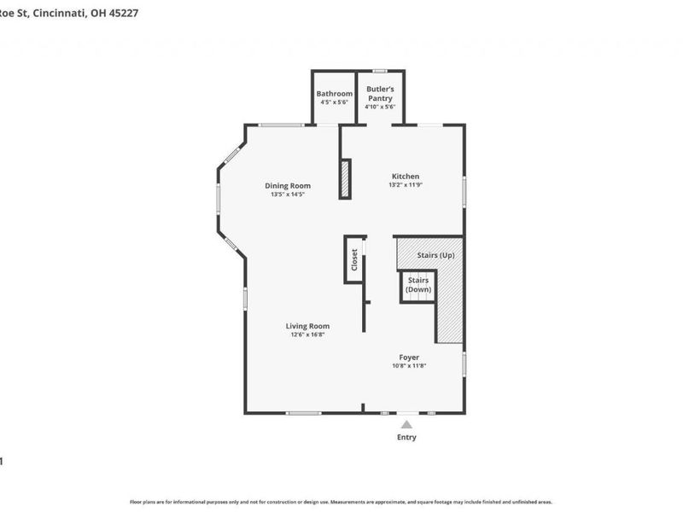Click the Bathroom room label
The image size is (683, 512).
pos(335,93)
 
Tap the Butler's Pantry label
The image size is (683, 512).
pos(380,93)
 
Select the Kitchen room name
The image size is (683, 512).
pos(405,177)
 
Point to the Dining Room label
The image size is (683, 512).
pos(288,185)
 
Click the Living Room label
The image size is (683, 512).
pos(307,326)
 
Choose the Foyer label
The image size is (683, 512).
pos(409,357)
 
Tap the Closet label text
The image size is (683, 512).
pos(354,259)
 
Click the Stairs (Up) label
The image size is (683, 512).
pos(435,255)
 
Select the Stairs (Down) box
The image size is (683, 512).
pos(418,285)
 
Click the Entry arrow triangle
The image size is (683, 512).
pos(407,424)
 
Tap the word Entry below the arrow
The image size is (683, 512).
pos(406,438)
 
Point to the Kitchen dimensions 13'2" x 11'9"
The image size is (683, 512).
pos(406,185)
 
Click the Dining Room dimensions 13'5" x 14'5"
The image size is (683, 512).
pos(288,195)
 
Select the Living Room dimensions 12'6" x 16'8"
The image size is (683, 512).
pos(307,335)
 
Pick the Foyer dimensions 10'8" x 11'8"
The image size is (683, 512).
pos(409,365)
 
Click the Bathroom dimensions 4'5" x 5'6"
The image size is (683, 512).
pos(335,102)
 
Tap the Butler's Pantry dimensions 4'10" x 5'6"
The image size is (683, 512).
pos(380,107)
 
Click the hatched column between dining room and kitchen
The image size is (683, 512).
pos(345,179)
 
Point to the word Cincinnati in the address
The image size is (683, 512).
pos(57,14)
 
